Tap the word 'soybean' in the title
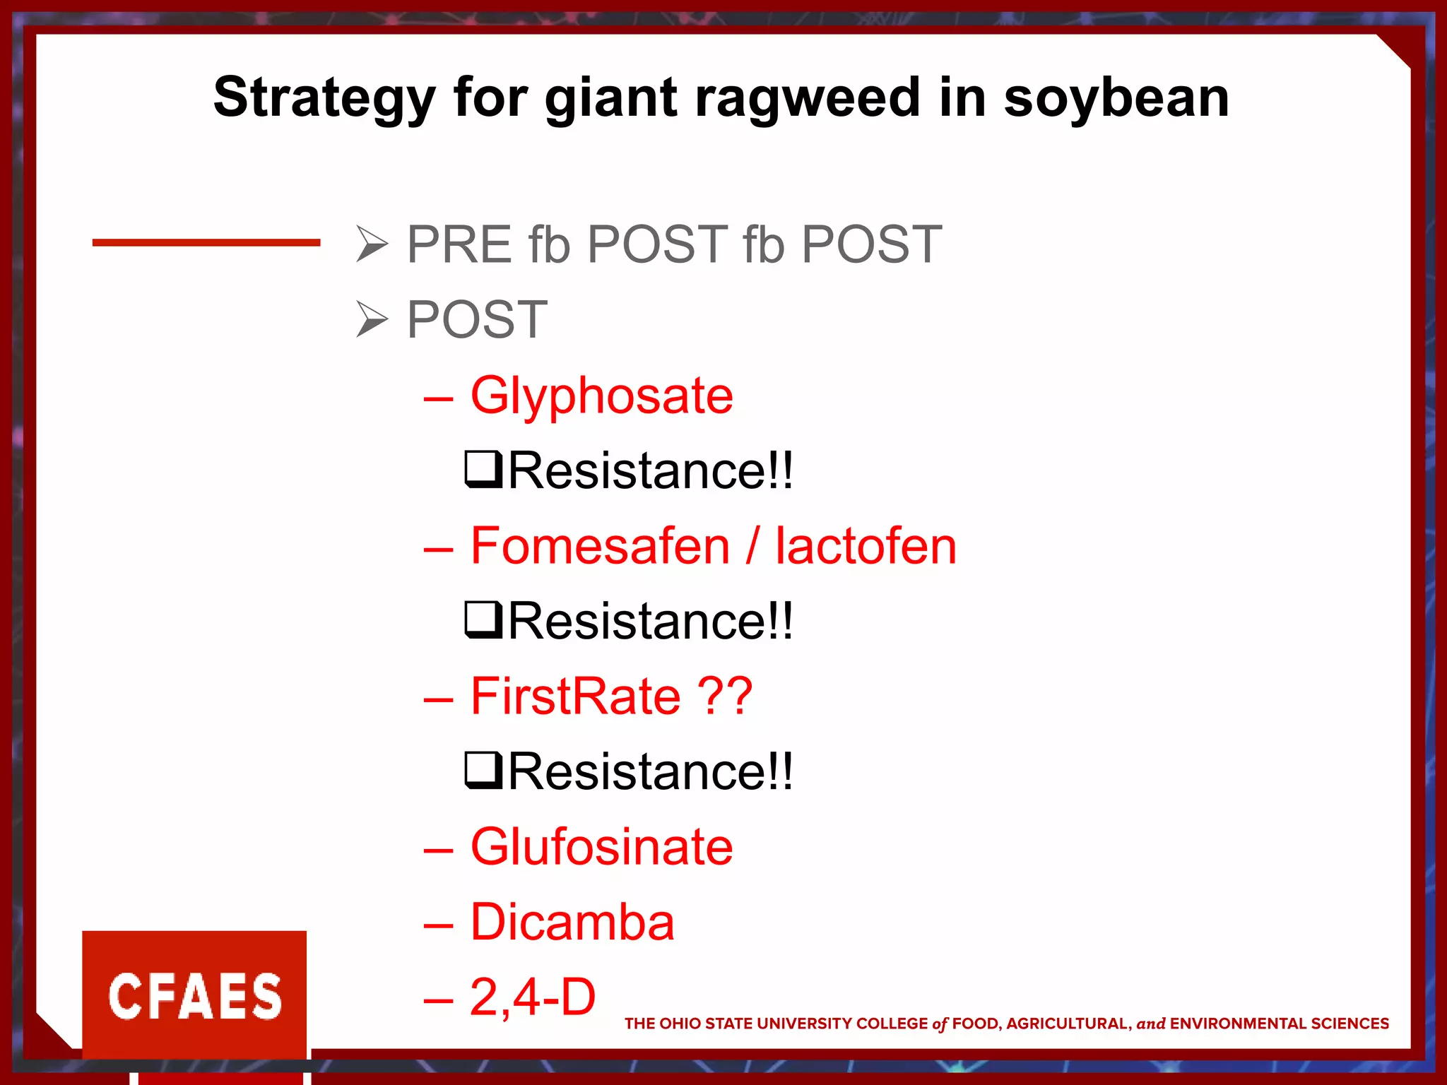(1116, 99)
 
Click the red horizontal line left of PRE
(206, 242)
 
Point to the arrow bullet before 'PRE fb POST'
(372, 244)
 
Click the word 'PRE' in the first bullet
(459, 244)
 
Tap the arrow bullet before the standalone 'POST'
(372, 319)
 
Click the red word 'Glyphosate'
(601, 396)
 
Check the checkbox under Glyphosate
(483, 470)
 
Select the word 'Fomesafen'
(600, 546)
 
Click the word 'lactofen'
(866, 546)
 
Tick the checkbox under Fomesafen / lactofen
(483, 620)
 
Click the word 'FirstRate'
(575, 696)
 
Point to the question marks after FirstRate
(725, 696)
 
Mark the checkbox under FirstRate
(483, 771)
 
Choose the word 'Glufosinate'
(601, 846)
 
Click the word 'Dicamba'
(572, 922)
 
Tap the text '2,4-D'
(533, 997)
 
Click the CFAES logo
(194, 995)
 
